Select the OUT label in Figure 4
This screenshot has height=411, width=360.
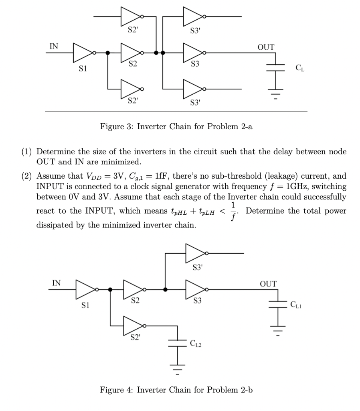pyautogui.click(x=268, y=284)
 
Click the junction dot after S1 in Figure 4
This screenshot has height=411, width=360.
pyautogui.click(x=110, y=289)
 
